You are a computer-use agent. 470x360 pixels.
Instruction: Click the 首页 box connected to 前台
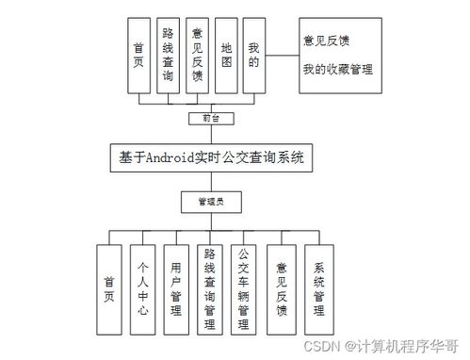pos(138,56)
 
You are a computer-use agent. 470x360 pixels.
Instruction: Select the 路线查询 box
pos(167,56)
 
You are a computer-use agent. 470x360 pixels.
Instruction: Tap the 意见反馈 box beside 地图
pos(196,56)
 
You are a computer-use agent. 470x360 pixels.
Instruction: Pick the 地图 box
pos(225,56)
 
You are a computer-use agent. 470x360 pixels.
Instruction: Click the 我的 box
pos(253,56)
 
